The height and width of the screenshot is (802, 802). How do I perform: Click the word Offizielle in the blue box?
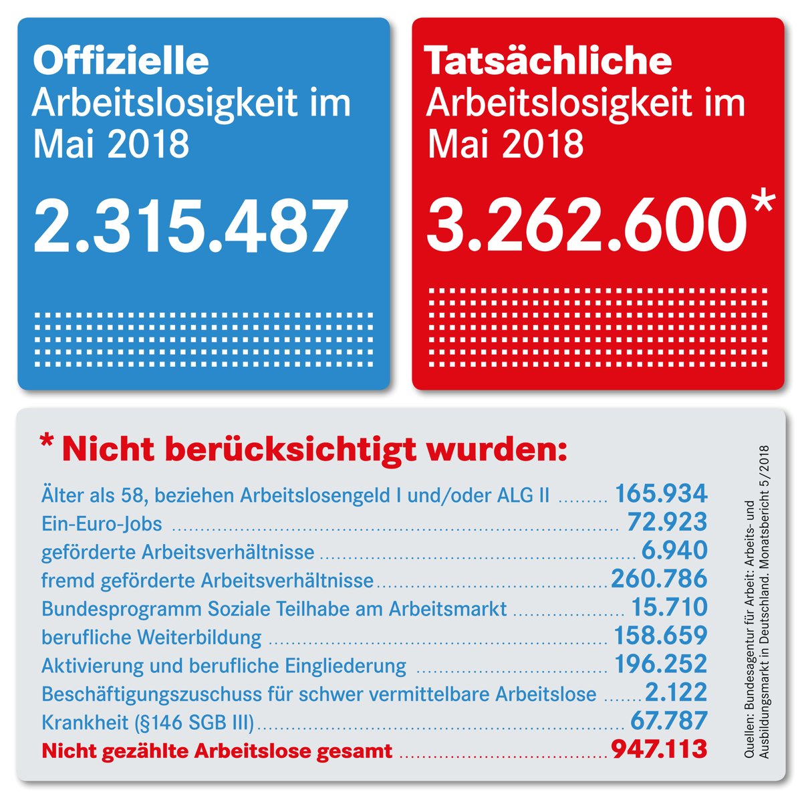click(x=121, y=60)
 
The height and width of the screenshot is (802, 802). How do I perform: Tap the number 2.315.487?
click(x=190, y=226)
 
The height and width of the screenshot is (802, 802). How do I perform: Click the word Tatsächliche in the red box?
click(x=548, y=60)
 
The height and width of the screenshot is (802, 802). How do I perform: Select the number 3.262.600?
click(x=586, y=226)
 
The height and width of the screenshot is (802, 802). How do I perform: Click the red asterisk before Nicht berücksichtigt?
click(x=46, y=443)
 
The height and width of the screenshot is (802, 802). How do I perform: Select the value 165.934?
click(x=660, y=494)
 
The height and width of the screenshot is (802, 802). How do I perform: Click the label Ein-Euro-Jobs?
click(x=102, y=523)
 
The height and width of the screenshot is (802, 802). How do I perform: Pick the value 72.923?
click(x=666, y=522)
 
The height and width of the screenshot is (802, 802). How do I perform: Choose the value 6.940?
click(x=674, y=551)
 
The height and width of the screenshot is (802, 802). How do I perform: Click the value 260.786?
click(x=659, y=579)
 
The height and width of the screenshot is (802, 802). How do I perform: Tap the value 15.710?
click(x=669, y=607)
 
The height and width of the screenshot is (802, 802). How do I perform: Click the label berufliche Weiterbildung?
click(x=151, y=637)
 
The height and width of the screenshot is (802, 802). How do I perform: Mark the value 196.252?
click(x=660, y=664)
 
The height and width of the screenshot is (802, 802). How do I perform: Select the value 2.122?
click(x=676, y=692)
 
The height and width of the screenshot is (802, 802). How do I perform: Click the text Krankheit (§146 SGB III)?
click(x=148, y=722)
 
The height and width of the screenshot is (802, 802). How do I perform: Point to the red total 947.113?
click(x=659, y=749)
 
